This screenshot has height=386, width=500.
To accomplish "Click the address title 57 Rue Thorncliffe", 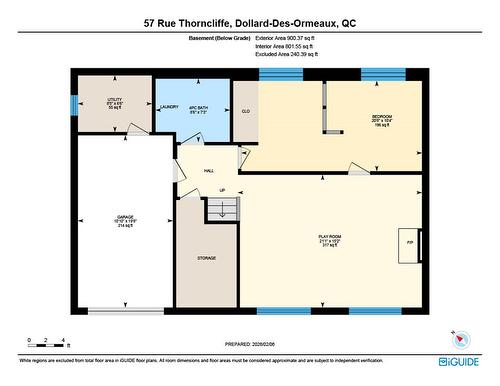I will (x=249, y=22).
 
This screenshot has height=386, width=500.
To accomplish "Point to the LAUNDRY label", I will (x=169, y=106).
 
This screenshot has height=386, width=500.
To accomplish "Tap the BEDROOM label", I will (x=382, y=118).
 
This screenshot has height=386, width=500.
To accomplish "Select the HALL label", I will (x=209, y=171).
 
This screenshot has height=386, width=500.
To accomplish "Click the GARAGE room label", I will (x=126, y=217).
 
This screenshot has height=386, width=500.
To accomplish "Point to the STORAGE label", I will (x=206, y=258).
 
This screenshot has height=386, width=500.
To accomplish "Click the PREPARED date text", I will (x=249, y=346).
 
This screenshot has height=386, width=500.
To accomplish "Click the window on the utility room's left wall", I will (x=72, y=104).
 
